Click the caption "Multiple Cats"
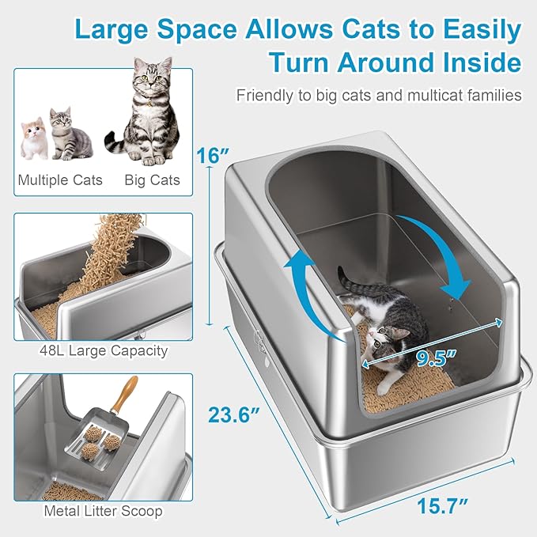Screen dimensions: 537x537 coord(60,180)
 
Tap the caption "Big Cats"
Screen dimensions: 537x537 coord(152,180)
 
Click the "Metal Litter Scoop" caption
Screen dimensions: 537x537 coord(104,511)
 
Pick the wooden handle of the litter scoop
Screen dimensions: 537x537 coord(124,396)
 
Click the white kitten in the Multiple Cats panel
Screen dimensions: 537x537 coord(33,138)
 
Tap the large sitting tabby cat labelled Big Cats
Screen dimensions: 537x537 coord(149,111)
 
